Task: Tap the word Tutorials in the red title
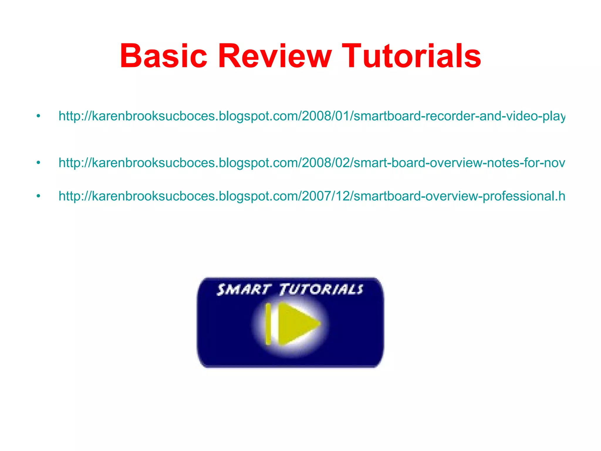[411, 56]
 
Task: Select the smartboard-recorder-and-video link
[311, 116]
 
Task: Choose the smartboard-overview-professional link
[311, 196]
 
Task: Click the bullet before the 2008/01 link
[38, 116]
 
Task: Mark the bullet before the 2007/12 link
[38, 196]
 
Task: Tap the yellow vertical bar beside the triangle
[268, 324]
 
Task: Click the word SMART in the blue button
[243, 290]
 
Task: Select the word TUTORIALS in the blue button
[322, 290]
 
